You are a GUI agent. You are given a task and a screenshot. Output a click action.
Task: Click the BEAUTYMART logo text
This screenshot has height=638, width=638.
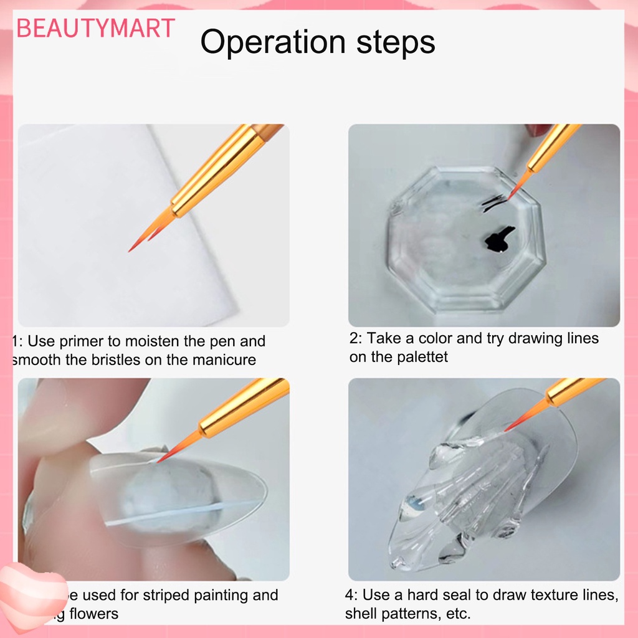pyautogui.click(x=95, y=29)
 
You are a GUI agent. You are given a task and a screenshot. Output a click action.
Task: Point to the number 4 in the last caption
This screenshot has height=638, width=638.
pyautogui.click(x=350, y=596)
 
